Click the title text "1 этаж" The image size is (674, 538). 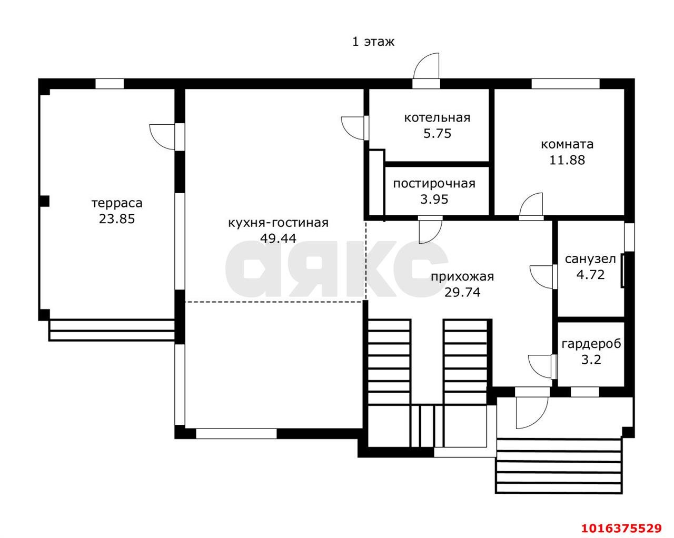click(x=373, y=42)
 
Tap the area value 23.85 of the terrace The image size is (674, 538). click(x=117, y=219)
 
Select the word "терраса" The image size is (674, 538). click(x=117, y=204)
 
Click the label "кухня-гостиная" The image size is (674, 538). click(x=278, y=223)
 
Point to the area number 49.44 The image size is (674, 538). click(x=278, y=238)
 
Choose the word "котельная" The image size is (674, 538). click(x=437, y=118)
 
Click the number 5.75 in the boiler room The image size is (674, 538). click(x=437, y=134)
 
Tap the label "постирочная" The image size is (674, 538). click(x=434, y=184)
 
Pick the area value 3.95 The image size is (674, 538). click(x=434, y=199)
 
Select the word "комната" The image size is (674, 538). click(x=567, y=144)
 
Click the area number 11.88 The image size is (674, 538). click(x=567, y=161)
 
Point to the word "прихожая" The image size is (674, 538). click(x=462, y=277)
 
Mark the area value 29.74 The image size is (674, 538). click(x=462, y=293)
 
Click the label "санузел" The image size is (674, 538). click(x=590, y=260)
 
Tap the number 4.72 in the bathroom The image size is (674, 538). click(x=590, y=275)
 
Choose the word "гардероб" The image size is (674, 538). click(x=591, y=344)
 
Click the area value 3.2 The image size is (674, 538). click(x=591, y=360)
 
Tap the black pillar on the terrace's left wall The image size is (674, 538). click(x=44, y=202)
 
